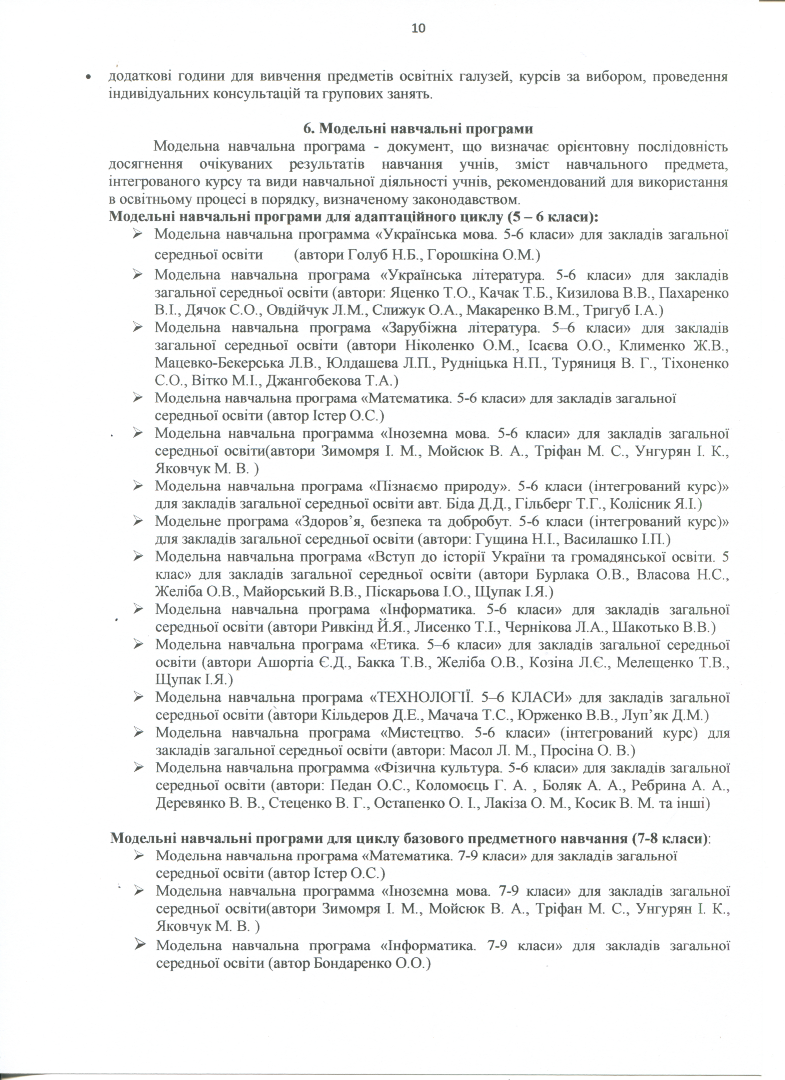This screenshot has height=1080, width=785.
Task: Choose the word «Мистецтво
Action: [417, 733]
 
